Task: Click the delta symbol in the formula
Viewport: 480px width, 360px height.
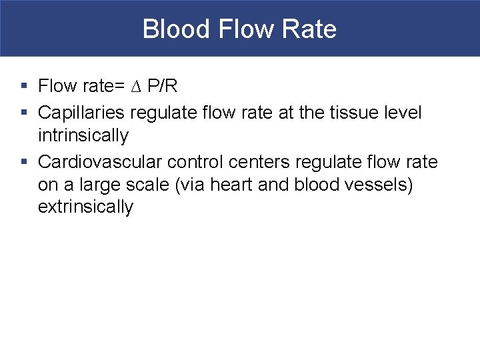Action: pos(137,87)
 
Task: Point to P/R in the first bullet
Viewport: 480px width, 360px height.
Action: pos(162,87)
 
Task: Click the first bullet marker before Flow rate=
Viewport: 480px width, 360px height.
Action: pos(23,87)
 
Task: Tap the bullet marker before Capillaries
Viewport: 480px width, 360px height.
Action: pos(23,112)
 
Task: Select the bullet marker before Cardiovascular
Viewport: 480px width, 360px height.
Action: pos(23,162)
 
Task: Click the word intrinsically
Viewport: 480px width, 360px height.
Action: pos(83,136)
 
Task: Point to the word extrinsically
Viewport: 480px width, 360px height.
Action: pos(86,207)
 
